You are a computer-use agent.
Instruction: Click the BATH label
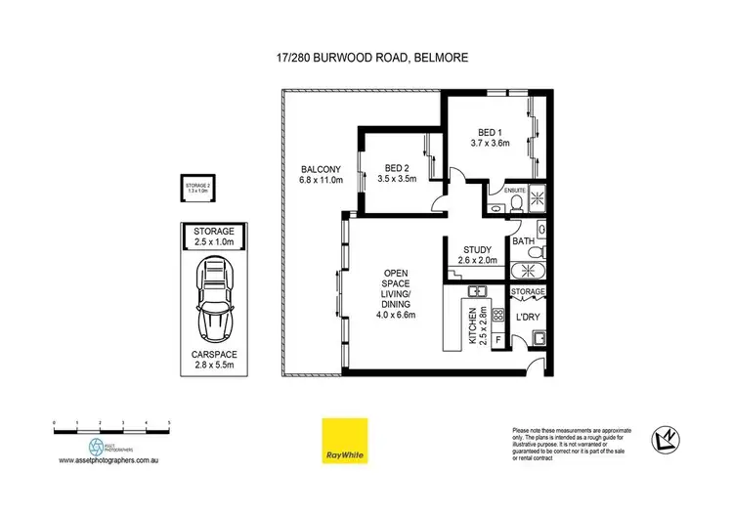(523, 241)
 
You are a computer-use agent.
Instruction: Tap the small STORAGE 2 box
(200, 189)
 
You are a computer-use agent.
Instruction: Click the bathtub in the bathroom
(534, 270)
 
